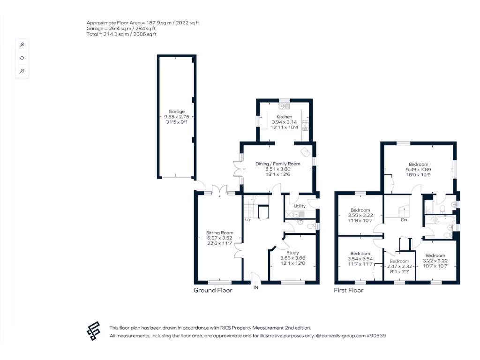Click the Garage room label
pos(177,112)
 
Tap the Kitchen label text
pos(284,117)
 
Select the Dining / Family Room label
pos(277,164)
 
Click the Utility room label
pos(300,206)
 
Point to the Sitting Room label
pos(220,232)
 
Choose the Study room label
pos(292,253)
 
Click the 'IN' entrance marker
pos(256,287)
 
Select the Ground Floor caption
pos(213,290)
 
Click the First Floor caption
pos(348,290)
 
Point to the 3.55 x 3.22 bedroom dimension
pos(360,216)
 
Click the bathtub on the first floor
pos(441,219)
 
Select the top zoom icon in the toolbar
pos(22,45)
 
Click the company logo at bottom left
pos(94,331)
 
